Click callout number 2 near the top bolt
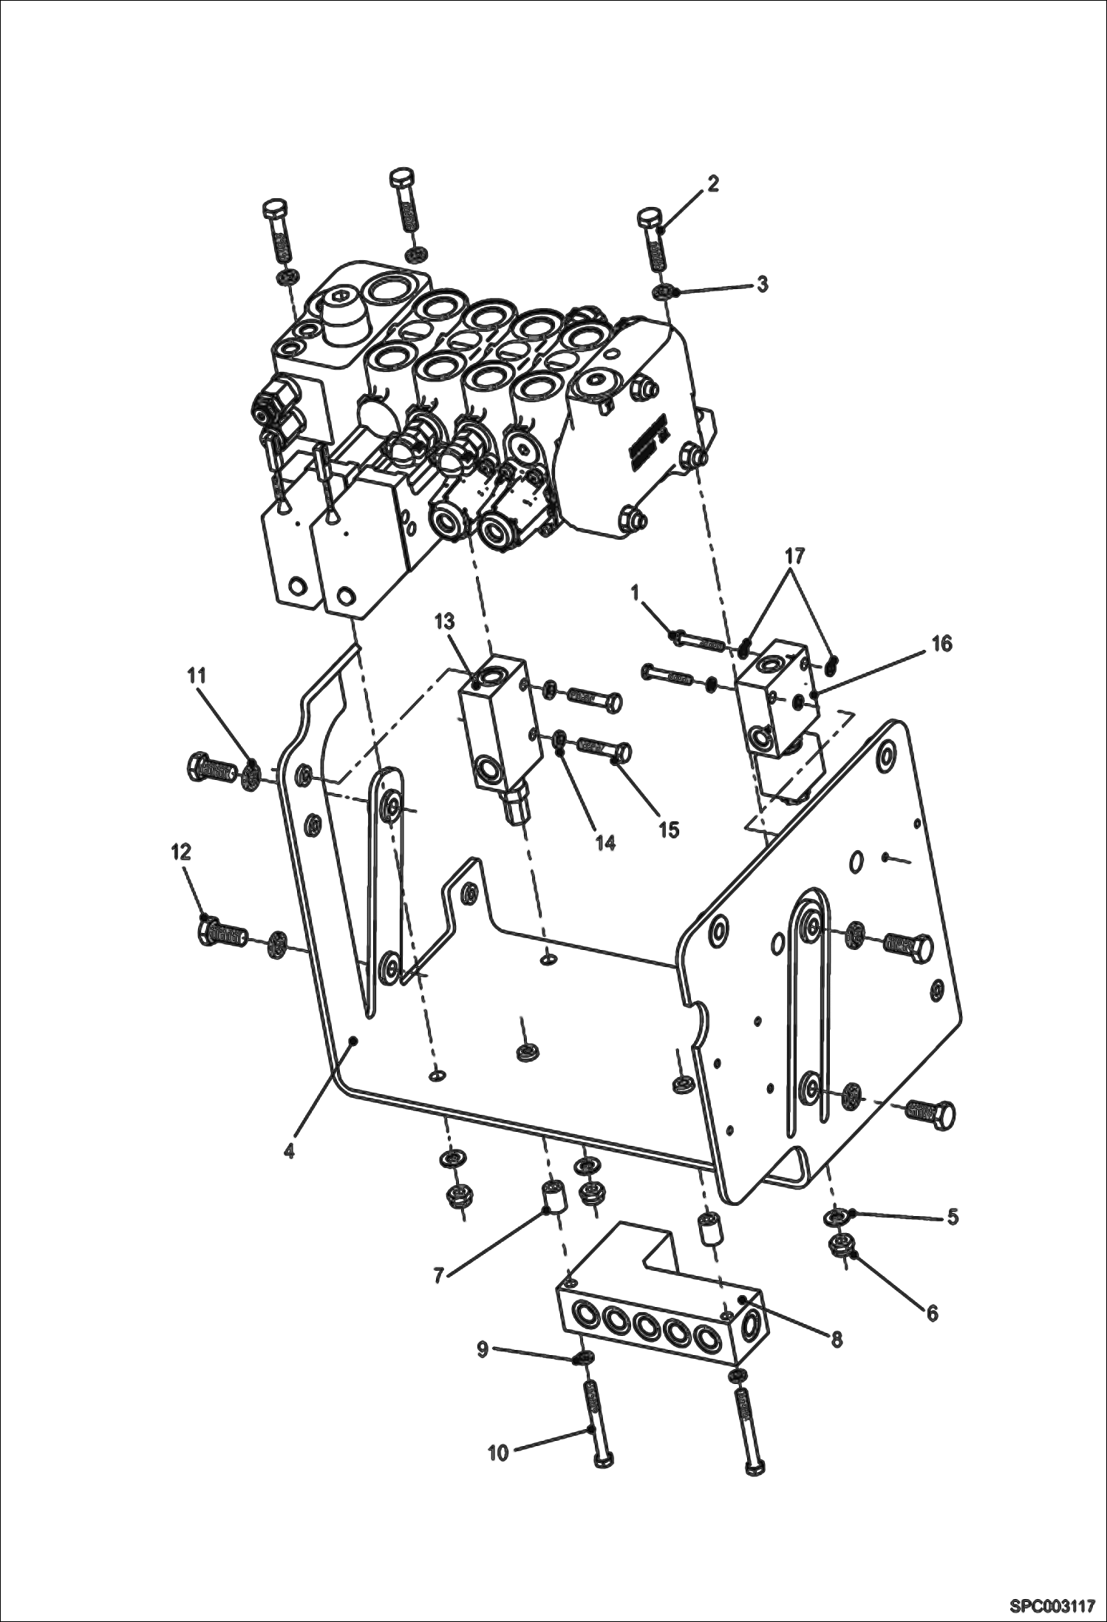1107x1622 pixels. click(712, 183)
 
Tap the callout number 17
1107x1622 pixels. click(795, 556)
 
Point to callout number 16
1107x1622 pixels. click(941, 643)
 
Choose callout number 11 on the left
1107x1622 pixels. click(196, 676)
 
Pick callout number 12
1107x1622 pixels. click(181, 852)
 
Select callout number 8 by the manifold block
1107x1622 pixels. click(837, 1339)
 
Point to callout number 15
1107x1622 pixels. click(669, 830)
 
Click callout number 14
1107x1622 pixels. click(606, 843)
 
